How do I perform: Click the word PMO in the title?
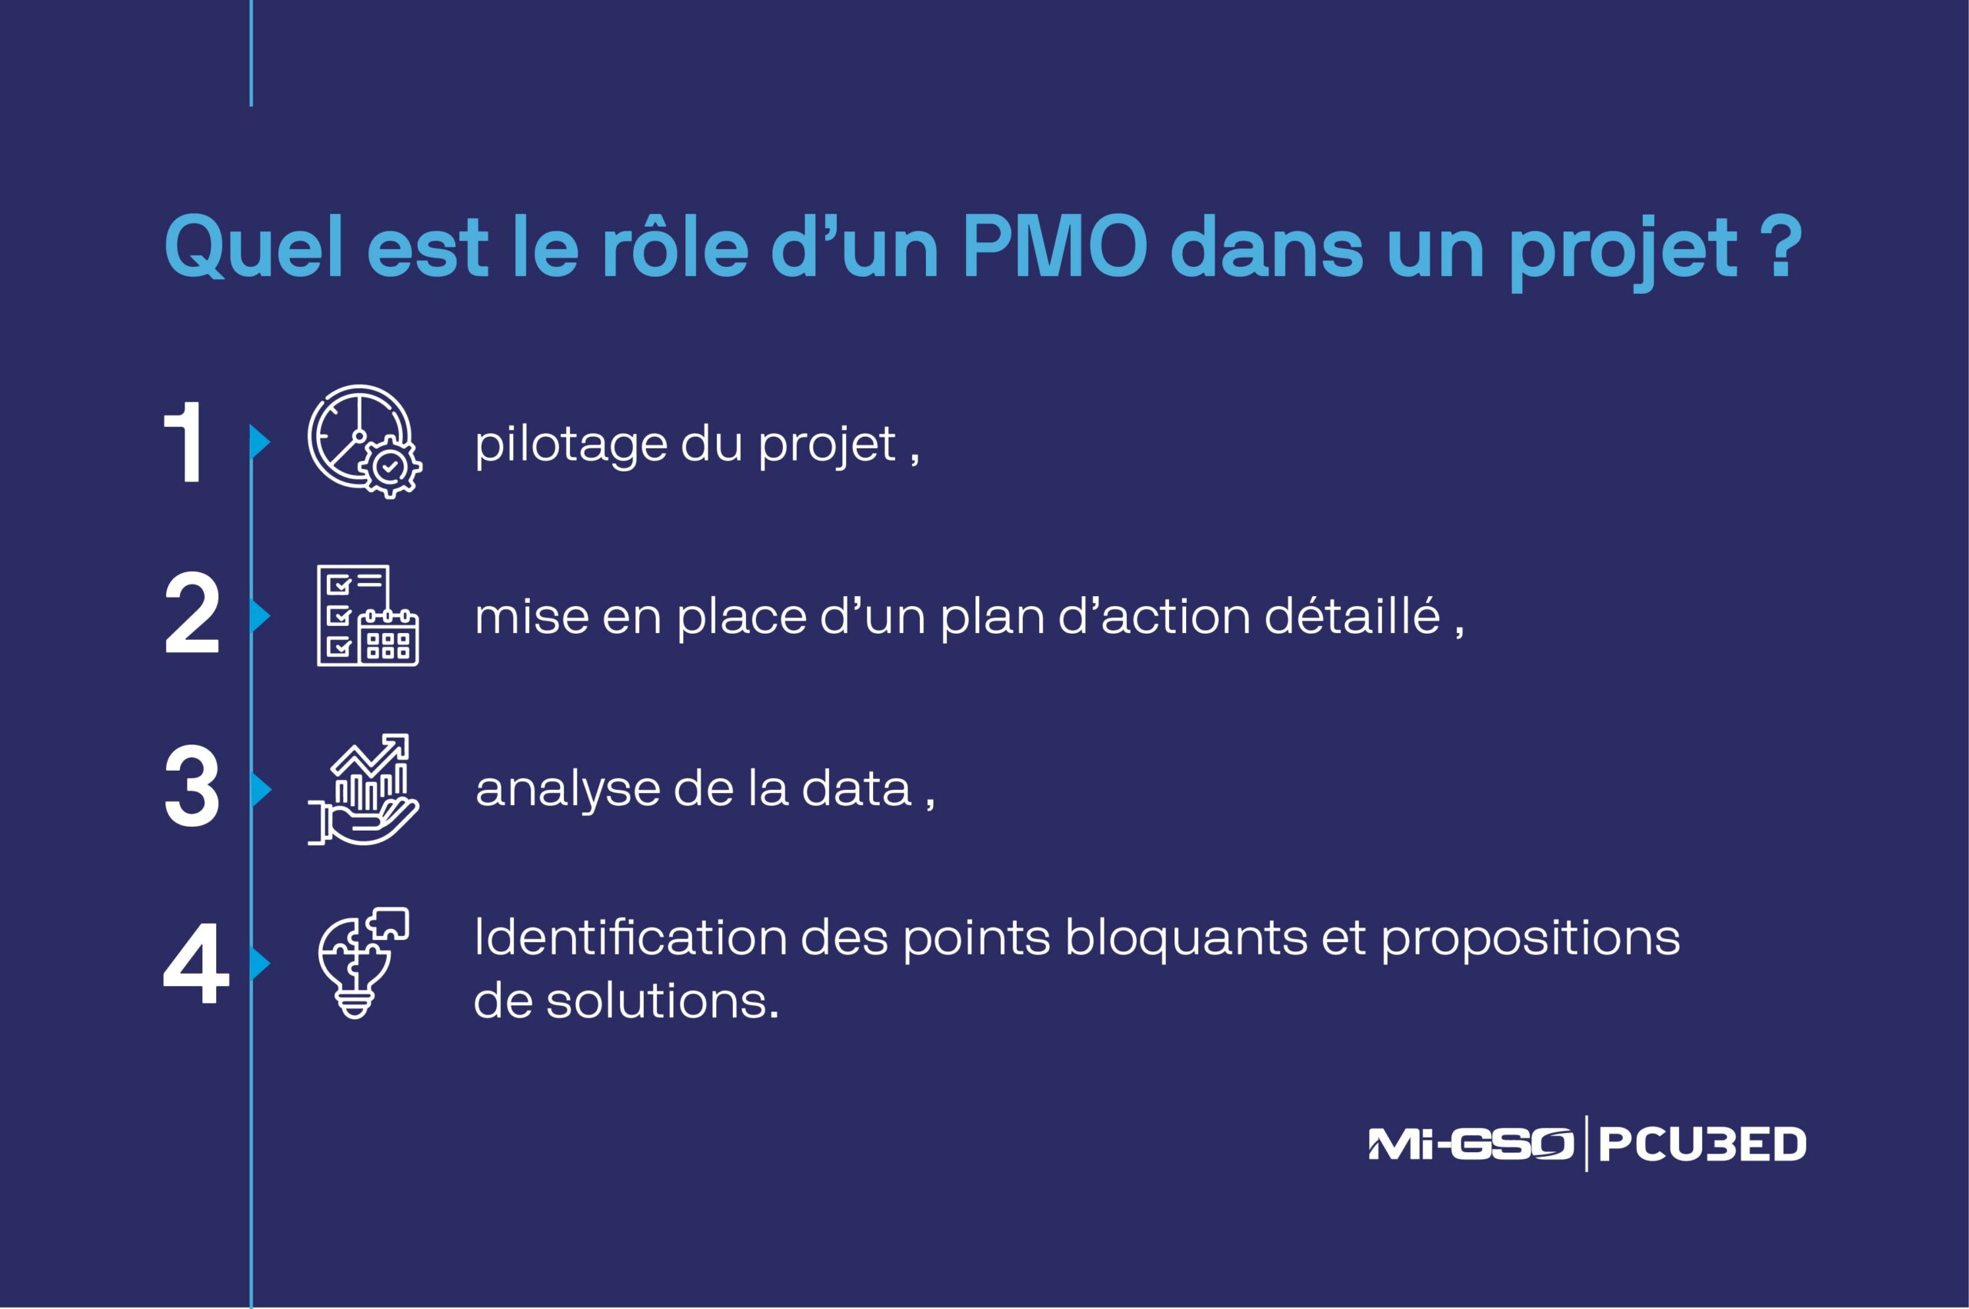point(1055,248)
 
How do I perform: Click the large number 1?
point(185,442)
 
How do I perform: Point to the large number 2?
point(192,615)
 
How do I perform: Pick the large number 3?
point(192,788)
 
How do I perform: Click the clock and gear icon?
point(364,441)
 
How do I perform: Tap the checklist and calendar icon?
point(367,615)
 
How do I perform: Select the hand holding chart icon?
point(364,790)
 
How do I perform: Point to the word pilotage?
point(570,444)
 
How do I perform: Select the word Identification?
point(630,938)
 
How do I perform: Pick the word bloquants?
point(1186,938)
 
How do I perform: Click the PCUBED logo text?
point(1703,1144)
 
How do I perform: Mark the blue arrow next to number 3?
point(261,789)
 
